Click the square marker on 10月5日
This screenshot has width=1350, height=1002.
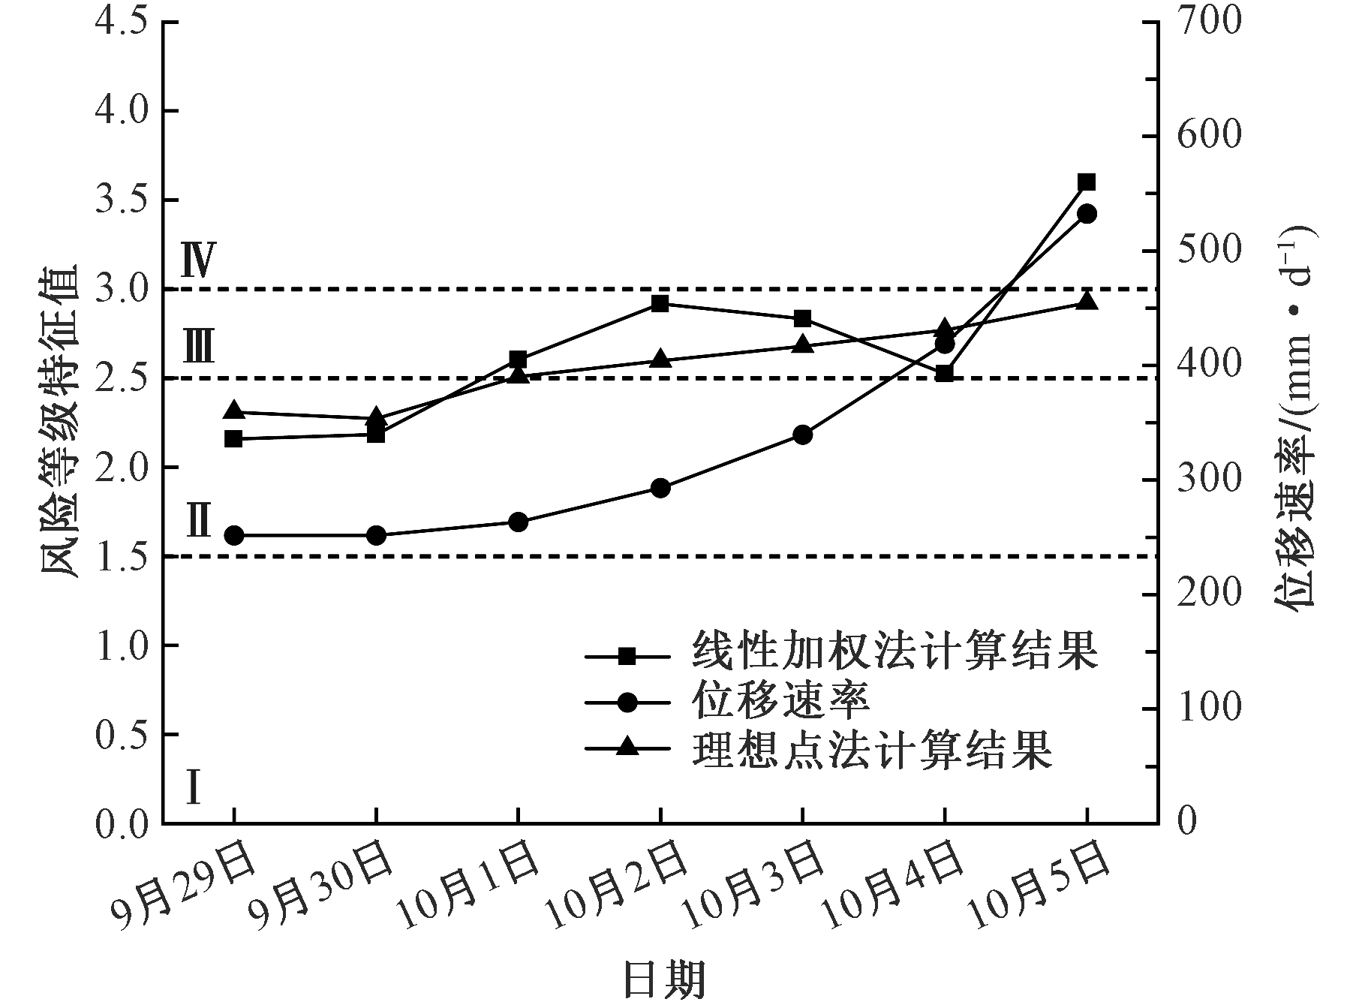tap(1087, 182)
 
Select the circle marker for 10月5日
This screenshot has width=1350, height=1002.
tap(1087, 214)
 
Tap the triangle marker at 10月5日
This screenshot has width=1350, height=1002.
tap(1087, 301)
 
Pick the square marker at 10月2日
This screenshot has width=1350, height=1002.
tap(660, 304)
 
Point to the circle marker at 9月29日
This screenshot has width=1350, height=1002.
tap(234, 535)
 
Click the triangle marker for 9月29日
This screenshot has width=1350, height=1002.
tap(234, 411)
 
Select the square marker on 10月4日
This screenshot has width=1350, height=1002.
tap(945, 374)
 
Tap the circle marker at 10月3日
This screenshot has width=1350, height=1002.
tap(802, 435)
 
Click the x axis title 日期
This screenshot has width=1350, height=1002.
tap(665, 979)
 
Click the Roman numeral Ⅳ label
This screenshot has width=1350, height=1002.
tap(199, 260)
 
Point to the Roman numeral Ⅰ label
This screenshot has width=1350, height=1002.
tap(194, 788)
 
